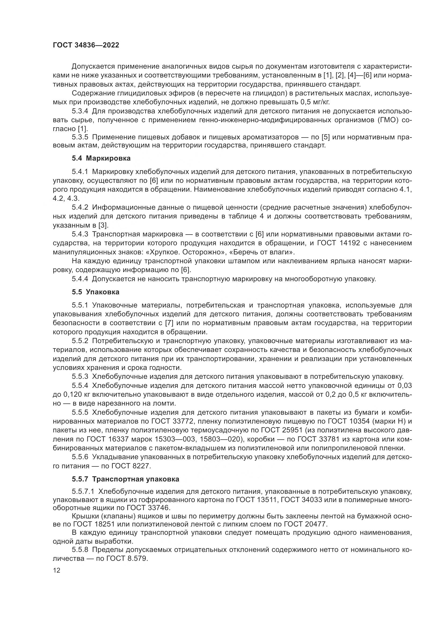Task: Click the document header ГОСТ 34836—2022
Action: tap(86, 45)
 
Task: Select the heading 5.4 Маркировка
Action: tap(101, 158)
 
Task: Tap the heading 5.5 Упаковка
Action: tap(96, 292)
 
